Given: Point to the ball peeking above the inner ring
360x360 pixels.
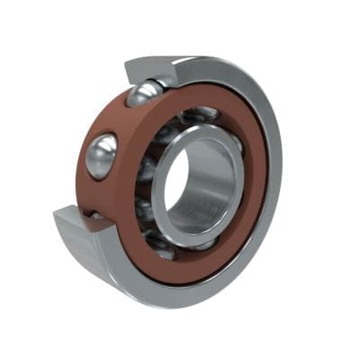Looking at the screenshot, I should tap(200, 114).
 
